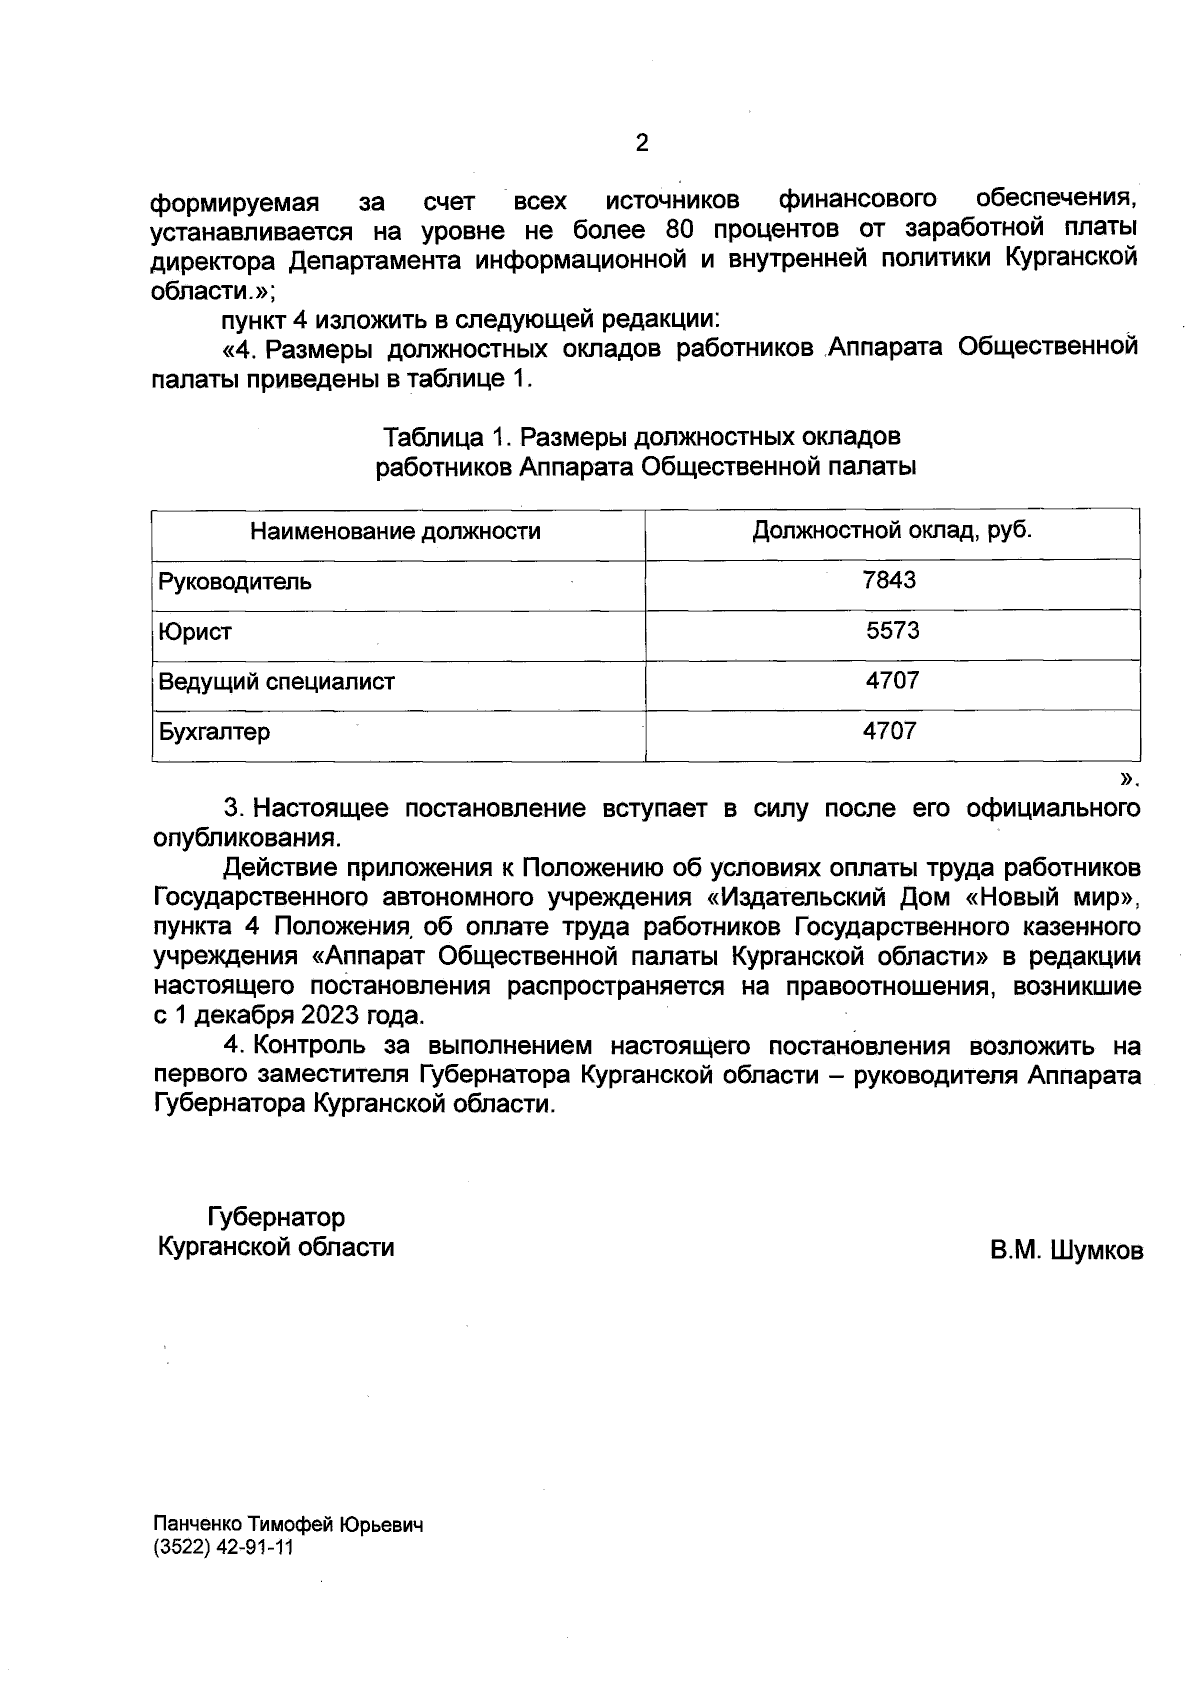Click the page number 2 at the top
tap(642, 143)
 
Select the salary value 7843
tap(889, 581)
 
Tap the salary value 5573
tap(892, 631)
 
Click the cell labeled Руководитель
tap(235, 582)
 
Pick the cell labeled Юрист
tap(195, 632)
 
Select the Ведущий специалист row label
tap(277, 682)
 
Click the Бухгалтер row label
tap(214, 732)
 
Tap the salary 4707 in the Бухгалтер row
tap(889, 732)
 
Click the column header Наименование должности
tap(395, 531)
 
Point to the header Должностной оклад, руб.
tap(892, 530)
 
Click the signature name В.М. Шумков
tap(1067, 1251)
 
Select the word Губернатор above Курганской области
tap(276, 1218)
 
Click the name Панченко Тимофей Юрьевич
tap(289, 1526)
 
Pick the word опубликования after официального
tap(240, 837)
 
